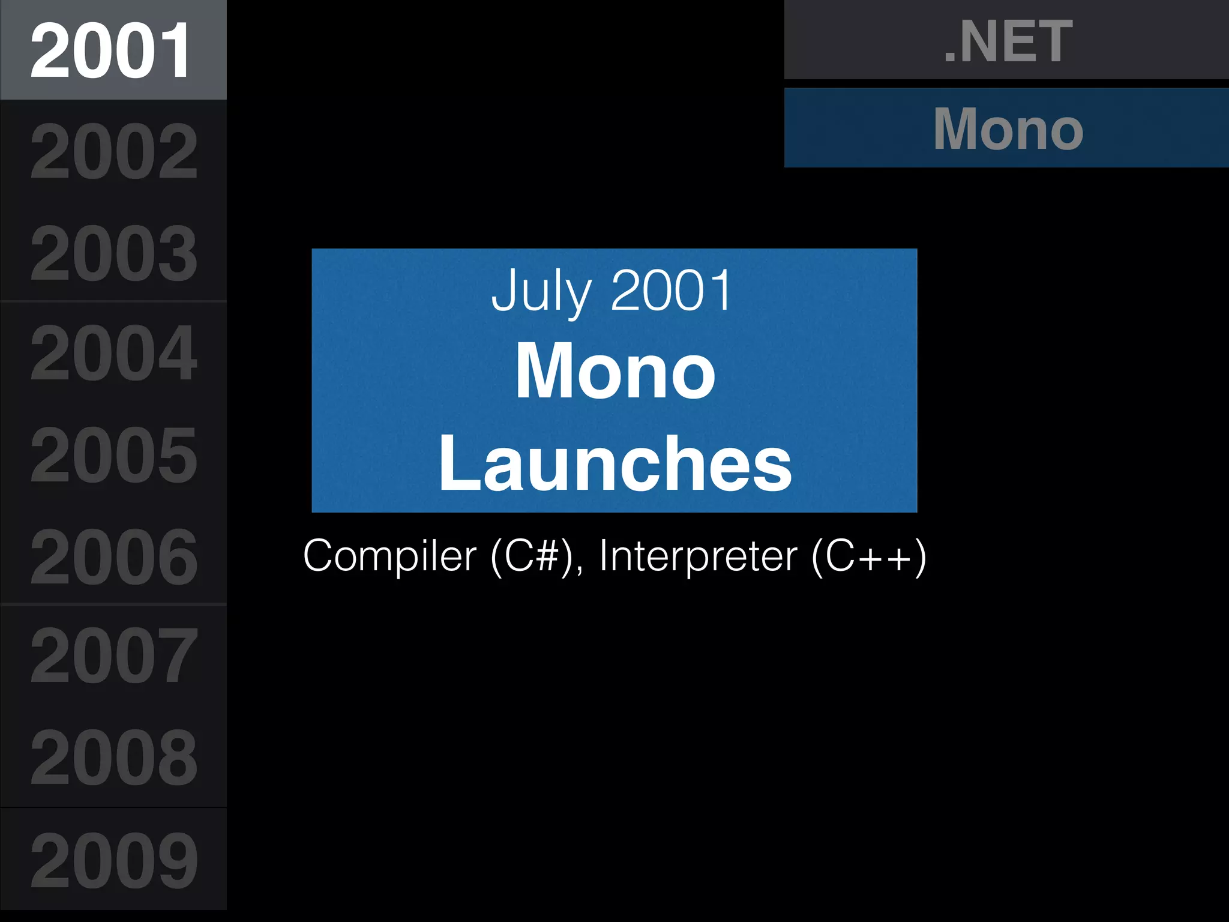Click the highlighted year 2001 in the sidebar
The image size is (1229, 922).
111,50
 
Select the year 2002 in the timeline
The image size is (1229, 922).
113,151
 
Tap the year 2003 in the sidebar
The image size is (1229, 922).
113,253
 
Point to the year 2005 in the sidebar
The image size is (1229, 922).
113,454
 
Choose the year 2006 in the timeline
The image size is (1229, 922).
113,556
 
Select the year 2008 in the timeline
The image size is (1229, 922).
113,758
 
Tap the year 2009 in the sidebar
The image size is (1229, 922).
113,860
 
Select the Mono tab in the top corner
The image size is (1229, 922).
1008,128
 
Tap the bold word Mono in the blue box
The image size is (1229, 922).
615,370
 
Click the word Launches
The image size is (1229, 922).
615,463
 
